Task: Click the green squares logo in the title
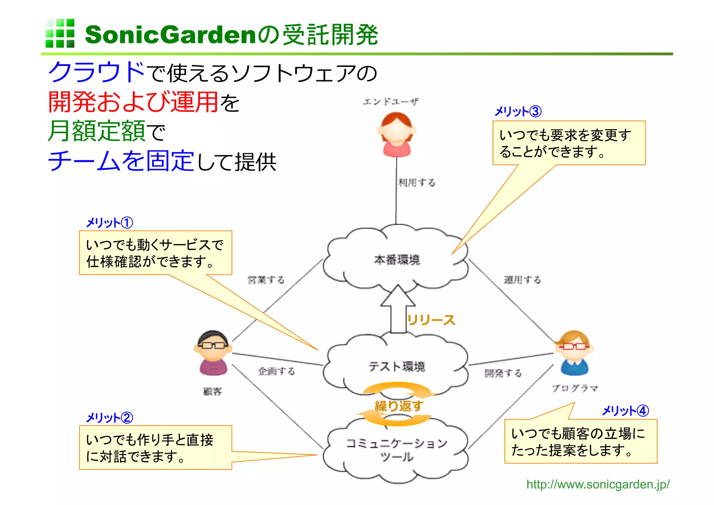click(60, 33)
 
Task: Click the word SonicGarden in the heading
click(170, 35)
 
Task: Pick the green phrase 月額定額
click(97, 131)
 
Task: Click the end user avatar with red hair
click(396, 134)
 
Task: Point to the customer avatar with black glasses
click(213, 352)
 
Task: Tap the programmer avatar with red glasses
click(574, 352)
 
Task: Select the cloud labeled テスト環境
click(396, 366)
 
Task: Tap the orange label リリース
click(431, 320)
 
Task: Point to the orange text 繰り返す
click(398, 406)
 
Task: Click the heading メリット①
click(109, 223)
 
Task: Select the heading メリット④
click(625, 411)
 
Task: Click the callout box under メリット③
click(569, 143)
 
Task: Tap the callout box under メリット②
click(155, 447)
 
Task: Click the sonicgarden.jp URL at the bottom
click(598, 484)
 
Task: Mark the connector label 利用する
click(417, 183)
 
